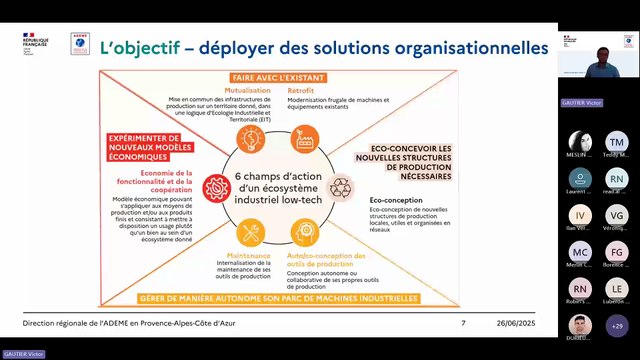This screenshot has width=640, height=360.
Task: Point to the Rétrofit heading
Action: click(x=302, y=90)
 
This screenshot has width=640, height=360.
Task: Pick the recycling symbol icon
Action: click(x=342, y=186)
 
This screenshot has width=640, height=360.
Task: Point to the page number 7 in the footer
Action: click(x=463, y=323)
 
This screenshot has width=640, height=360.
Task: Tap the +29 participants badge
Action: click(x=616, y=325)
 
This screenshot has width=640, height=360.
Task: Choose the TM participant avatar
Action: click(x=616, y=140)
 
